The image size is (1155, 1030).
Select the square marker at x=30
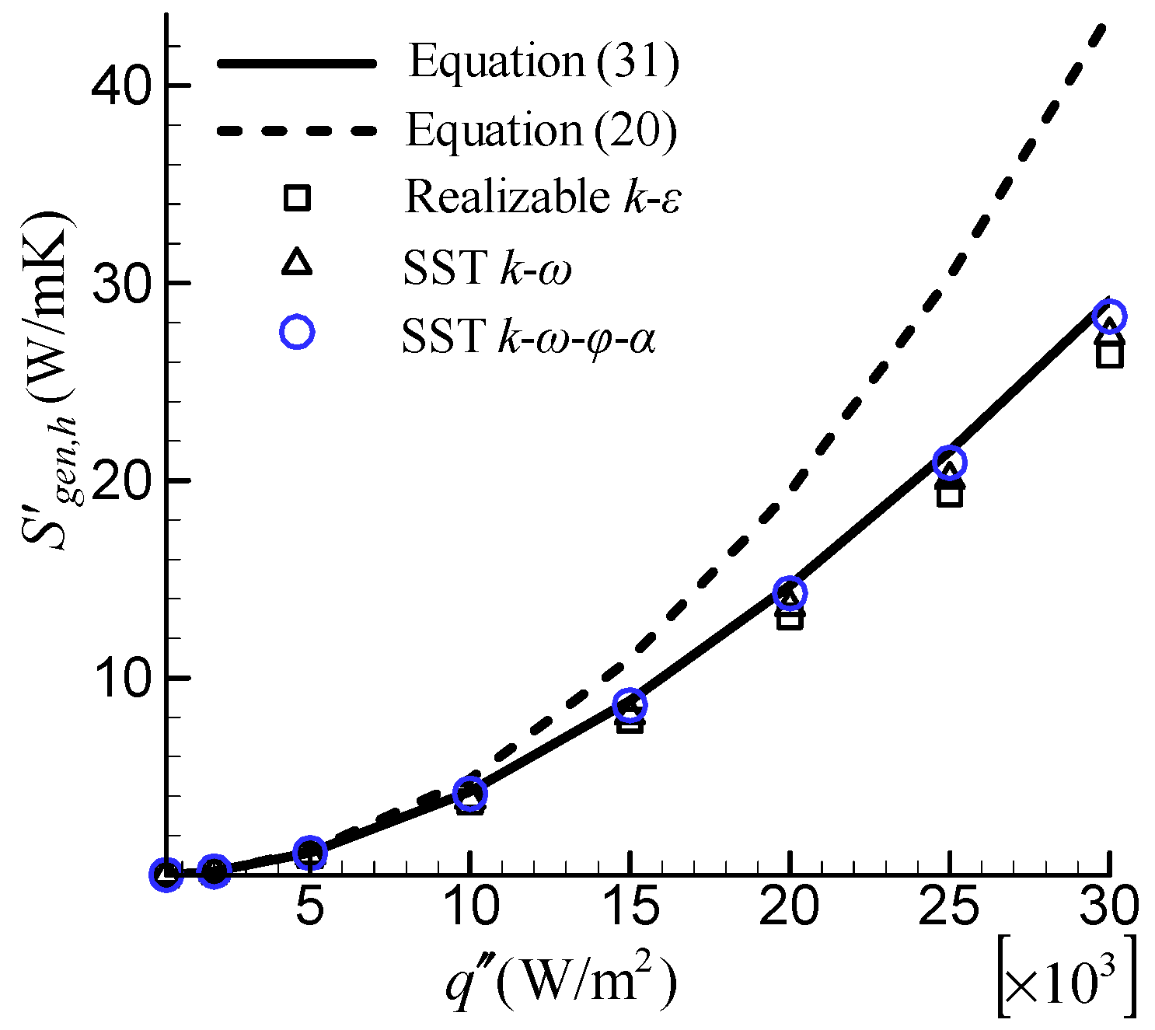pos(1109,354)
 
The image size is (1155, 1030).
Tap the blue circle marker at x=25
pos(949,463)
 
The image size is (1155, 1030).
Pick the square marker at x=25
pos(949,494)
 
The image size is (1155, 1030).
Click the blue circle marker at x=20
pos(790,593)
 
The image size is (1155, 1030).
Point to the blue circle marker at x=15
pos(630,704)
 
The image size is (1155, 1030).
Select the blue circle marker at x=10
pos(469,793)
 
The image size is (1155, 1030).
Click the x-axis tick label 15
pos(630,906)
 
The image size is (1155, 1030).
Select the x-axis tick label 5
pos(309,906)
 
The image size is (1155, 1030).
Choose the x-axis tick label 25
pos(949,906)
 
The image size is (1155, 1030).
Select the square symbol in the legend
pos(297,197)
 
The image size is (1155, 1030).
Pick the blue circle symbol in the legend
pos(297,332)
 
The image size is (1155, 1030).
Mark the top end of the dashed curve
pos(1103,26)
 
